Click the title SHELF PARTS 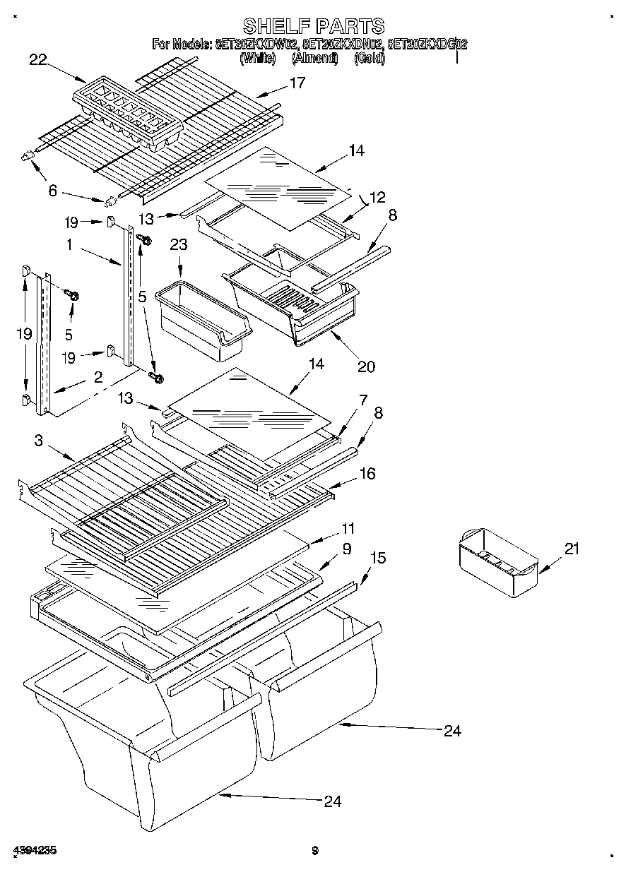coord(313,26)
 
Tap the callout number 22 coord(38,60)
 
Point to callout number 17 coord(297,83)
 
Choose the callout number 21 coord(571,549)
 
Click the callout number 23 coord(179,245)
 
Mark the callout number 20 coord(366,366)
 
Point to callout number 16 coord(368,473)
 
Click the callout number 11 coord(348,528)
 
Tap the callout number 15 coord(378,558)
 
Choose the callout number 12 coord(379,197)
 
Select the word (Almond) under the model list coord(315,59)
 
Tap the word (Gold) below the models coord(370,59)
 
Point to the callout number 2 coord(97,376)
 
